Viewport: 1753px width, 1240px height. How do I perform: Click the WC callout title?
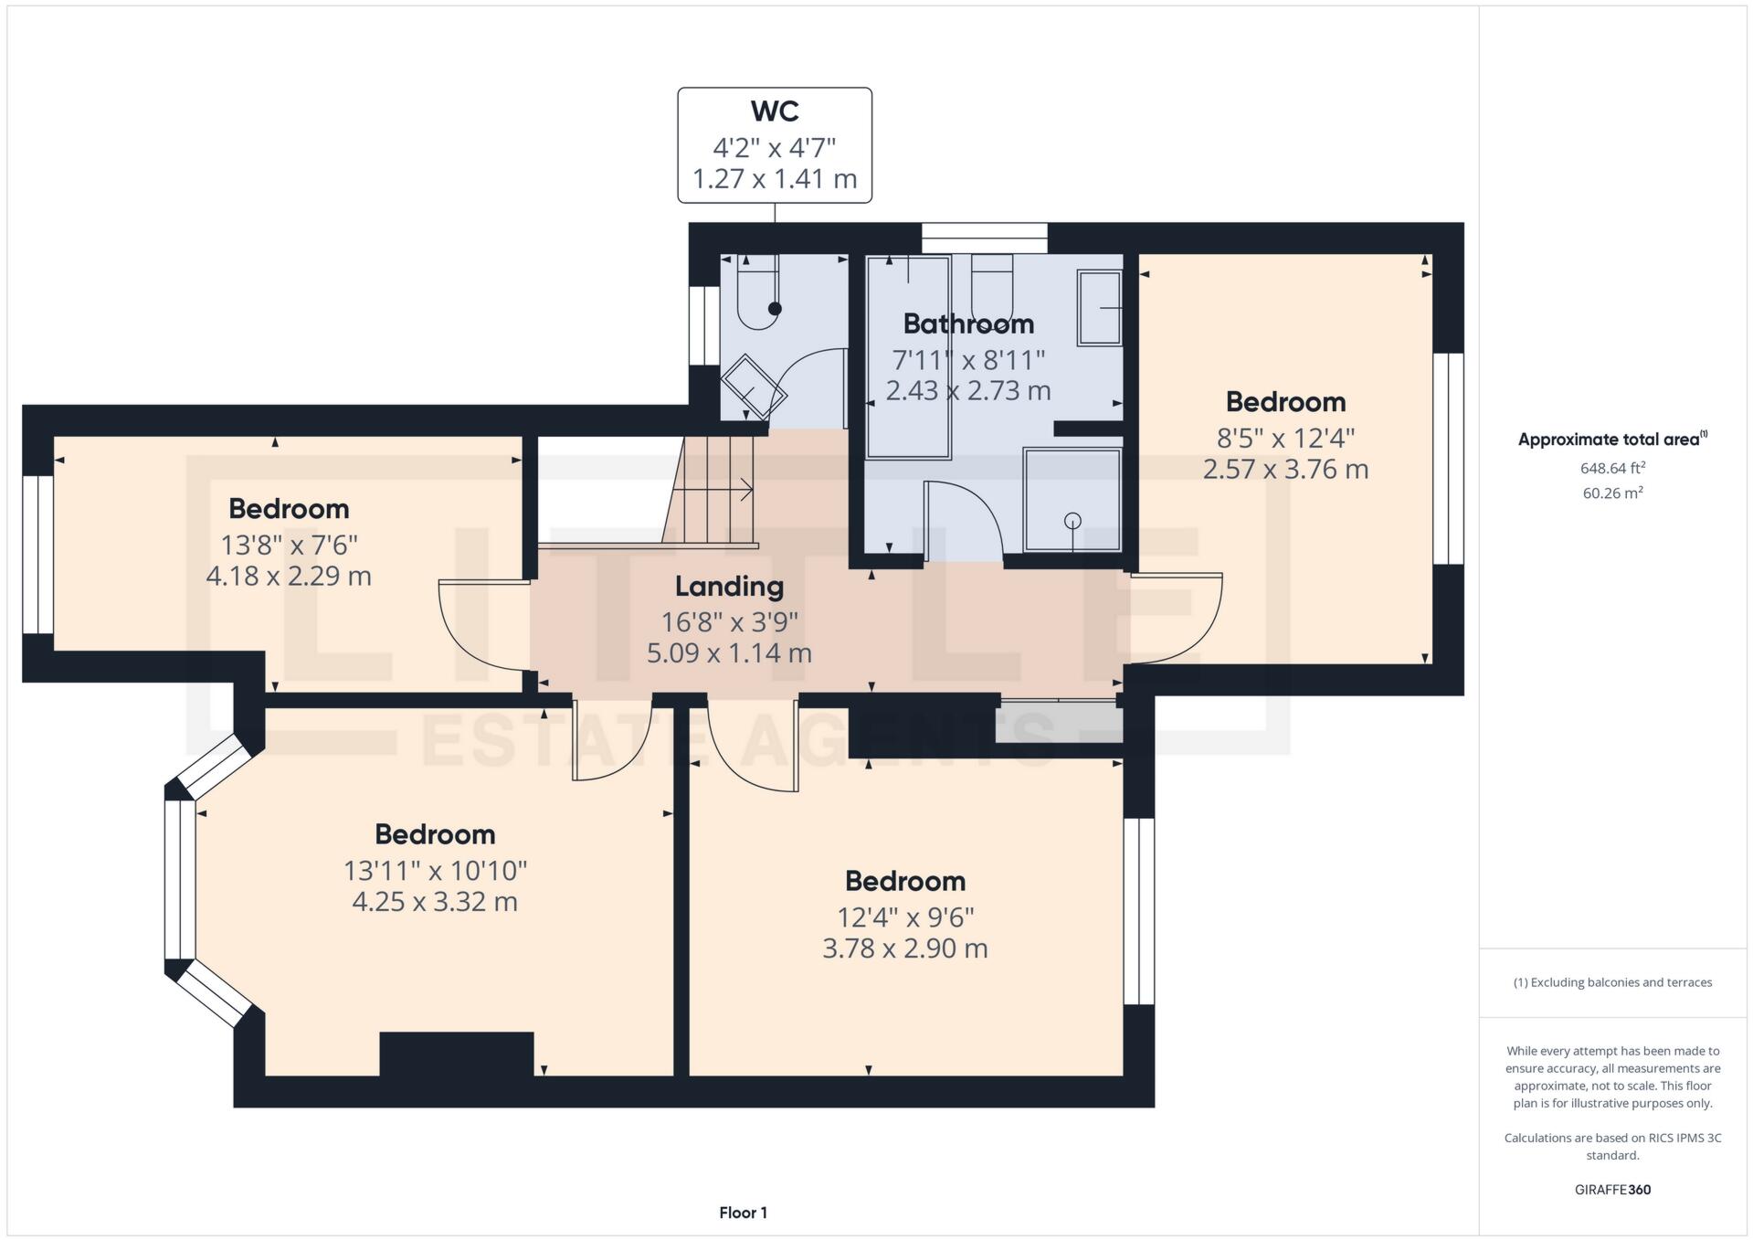[x=775, y=111]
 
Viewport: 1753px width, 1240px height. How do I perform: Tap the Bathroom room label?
[x=968, y=323]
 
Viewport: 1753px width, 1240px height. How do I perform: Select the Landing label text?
[x=729, y=586]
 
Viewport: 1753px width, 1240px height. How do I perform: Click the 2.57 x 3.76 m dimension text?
[x=1285, y=470]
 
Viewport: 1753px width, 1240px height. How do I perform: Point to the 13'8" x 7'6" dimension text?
[x=289, y=546]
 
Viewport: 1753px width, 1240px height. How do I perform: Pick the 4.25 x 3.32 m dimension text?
[x=435, y=902]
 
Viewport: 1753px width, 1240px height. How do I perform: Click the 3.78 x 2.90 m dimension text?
[x=904, y=949]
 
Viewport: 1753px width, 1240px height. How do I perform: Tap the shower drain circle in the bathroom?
[x=1072, y=521]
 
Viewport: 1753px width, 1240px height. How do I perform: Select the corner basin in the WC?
[x=753, y=389]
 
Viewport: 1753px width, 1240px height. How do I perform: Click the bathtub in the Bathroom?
[x=908, y=356]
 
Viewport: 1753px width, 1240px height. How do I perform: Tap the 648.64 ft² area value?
[x=1612, y=468]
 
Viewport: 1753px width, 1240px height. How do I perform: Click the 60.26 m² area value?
[x=1612, y=493]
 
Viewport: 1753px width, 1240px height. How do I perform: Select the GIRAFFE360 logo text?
[x=1612, y=1190]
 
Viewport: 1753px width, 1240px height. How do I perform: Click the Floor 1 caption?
[x=743, y=1213]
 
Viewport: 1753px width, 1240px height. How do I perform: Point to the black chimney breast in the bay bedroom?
[x=456, y=1054]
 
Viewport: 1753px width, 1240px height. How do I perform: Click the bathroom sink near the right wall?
[x=1099, y=307]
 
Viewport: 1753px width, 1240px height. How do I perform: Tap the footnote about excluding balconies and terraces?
[x=1612, y=982]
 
